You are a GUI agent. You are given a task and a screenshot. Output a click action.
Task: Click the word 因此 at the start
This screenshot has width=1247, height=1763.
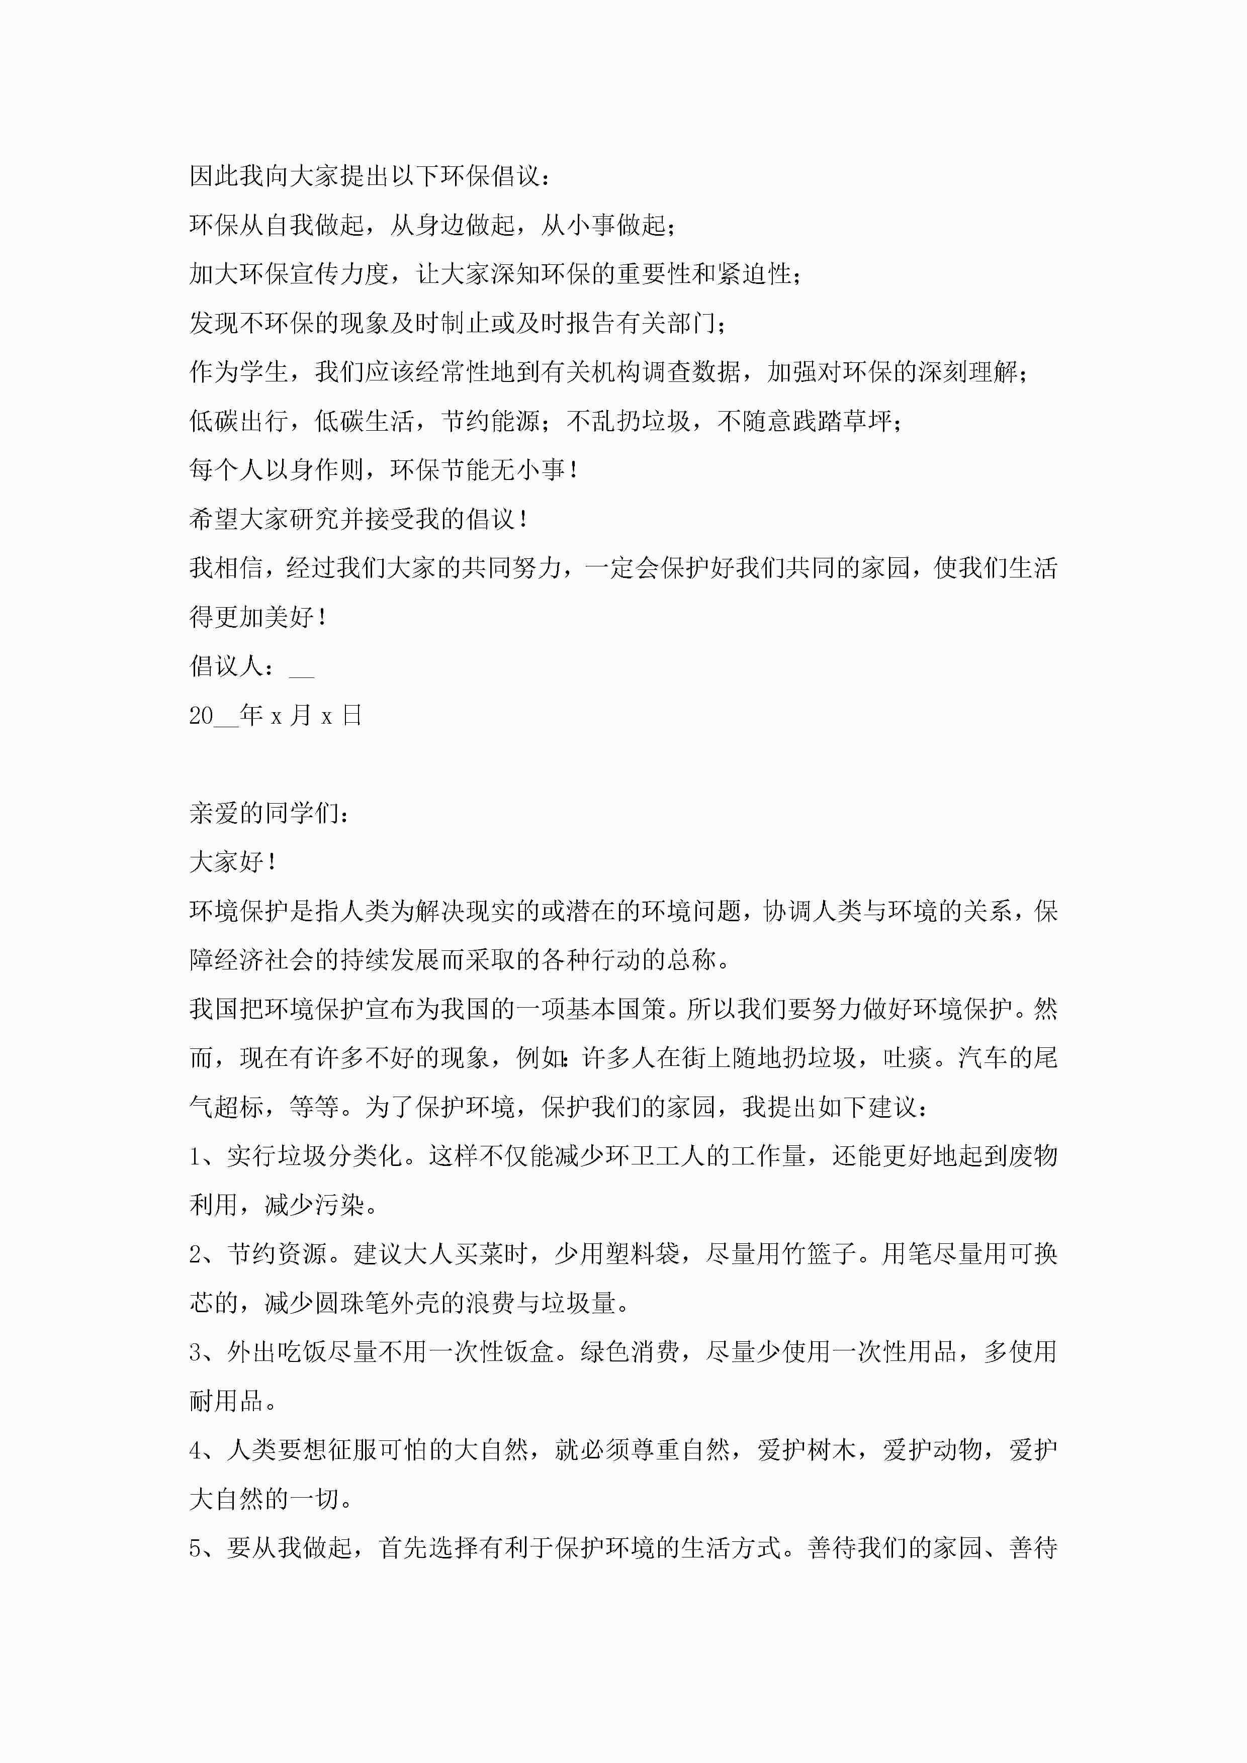214,176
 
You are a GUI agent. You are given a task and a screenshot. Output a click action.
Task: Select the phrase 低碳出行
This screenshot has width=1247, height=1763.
239,421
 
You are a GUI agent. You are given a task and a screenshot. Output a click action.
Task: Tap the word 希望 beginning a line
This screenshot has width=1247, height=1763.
214,519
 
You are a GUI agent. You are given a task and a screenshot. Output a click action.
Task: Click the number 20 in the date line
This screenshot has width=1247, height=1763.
201,716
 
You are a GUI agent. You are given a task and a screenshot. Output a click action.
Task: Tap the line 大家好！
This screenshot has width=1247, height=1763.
232,862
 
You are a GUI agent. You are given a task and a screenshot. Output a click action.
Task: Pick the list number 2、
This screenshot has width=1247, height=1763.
201,1254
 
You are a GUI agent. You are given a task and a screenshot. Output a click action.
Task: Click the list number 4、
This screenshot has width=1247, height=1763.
201,1450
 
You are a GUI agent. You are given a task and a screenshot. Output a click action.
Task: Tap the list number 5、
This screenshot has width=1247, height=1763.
201,1548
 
